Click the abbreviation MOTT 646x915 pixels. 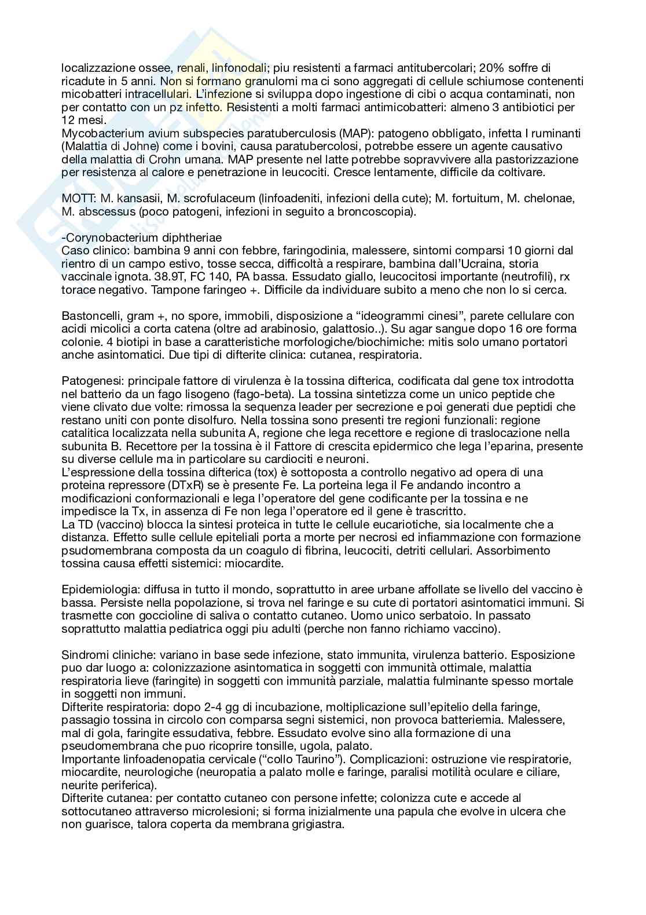point(75,198)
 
